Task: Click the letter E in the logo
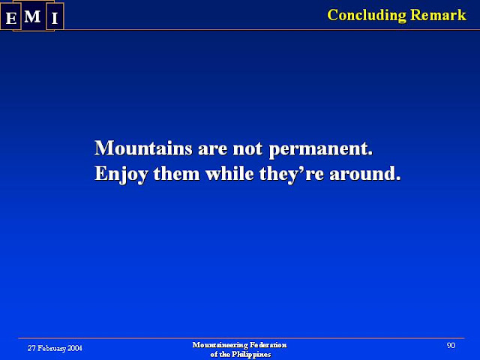[x=11, y=18]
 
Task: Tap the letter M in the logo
[x=32, y=16]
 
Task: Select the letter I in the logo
[x=55, y=18]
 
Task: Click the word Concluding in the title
[x=367, y=16]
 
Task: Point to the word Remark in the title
[x=438, y=15]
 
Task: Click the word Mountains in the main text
[x=143, y=148]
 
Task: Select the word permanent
[x=321, y=149]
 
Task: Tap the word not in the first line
[x=247, y=148]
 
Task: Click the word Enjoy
[x=121, y=175]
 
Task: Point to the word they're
[x=292, y=175]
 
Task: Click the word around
[x=365, y=173]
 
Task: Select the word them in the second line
[x=177, y=173]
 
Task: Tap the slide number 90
[x=451, y=346]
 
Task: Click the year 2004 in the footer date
[x=75, y=348]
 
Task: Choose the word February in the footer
[x=52, y=348]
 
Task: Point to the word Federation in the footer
[x=268, y=345]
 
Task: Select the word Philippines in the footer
[x=251, y=355]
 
